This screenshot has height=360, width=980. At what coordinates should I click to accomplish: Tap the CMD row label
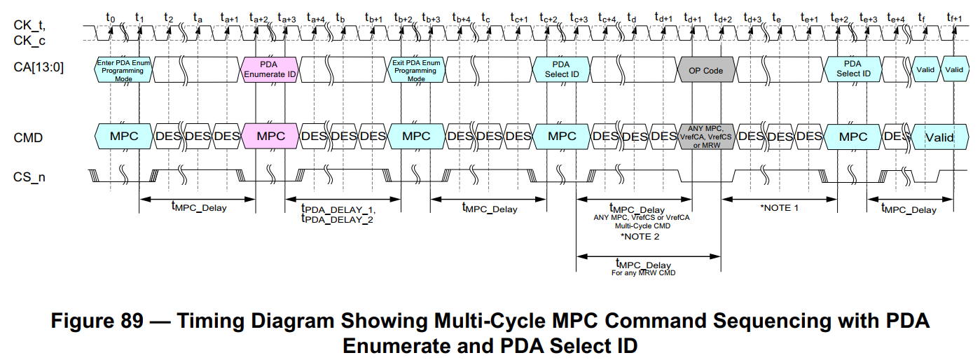(x=28, y=137)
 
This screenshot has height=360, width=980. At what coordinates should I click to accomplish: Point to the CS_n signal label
(x=29, y=177)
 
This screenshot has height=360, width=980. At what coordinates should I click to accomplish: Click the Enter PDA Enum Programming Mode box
(x=123, y=70)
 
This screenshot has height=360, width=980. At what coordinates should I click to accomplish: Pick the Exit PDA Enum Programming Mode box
(x=416, y=70)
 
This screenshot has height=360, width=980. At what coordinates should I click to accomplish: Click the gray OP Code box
(x=705, y=70)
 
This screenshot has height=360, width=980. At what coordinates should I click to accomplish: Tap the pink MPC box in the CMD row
(x=270, y=137)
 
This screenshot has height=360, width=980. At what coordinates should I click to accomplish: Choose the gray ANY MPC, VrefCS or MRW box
(x=705, y=137)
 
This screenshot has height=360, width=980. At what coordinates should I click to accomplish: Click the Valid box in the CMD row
(x=939, y=137)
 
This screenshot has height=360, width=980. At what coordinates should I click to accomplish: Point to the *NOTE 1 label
(x=779, y=208)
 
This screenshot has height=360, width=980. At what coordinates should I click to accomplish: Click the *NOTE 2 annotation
(x=640, y=236)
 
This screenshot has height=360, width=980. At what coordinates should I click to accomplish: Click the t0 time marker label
(x=110, y=15)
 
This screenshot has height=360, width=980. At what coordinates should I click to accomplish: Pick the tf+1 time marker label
(x=953, y=15)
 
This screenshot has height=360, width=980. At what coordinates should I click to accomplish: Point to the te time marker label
(x=776, y=15)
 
